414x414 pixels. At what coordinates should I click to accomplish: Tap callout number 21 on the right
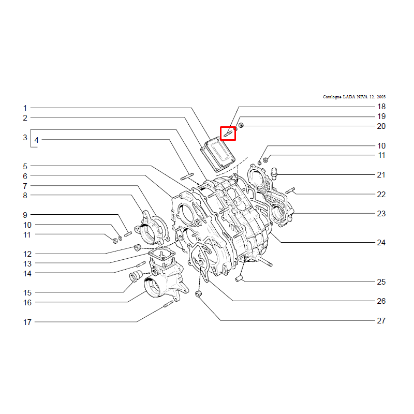[x=381, y=175]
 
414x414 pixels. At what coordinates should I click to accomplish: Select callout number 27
[x=381, y=320]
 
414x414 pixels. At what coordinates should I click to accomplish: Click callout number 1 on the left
[x=25, y=108]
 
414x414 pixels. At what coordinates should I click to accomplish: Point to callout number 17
[x=27, y=322]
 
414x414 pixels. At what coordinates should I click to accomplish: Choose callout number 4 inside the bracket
[x=36, y=140]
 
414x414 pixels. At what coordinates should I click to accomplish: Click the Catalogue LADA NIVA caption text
[x=354, y=97]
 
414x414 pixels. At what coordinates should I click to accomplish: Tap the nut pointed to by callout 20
[x=241, y=125]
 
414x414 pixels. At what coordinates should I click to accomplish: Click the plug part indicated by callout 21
[x=274, y=173]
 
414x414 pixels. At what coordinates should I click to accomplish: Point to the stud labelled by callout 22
[x=290, y=190]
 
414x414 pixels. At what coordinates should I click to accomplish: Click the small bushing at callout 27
[x=198, y=293]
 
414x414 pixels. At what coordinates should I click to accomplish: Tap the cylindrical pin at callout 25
[x=239, y=278]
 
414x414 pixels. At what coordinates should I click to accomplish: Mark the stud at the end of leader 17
[x=168, y=304]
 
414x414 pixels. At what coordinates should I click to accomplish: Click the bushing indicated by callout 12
[x=138, y=248]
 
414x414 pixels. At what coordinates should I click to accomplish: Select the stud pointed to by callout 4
[x=187, y=176]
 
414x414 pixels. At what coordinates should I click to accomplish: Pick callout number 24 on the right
[x=381, y=243]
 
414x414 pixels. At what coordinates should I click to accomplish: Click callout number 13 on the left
[x=27, y=264]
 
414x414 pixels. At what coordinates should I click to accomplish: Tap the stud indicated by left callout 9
[x=128, y=234]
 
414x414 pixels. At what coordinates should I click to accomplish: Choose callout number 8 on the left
[x=25, y=196]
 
